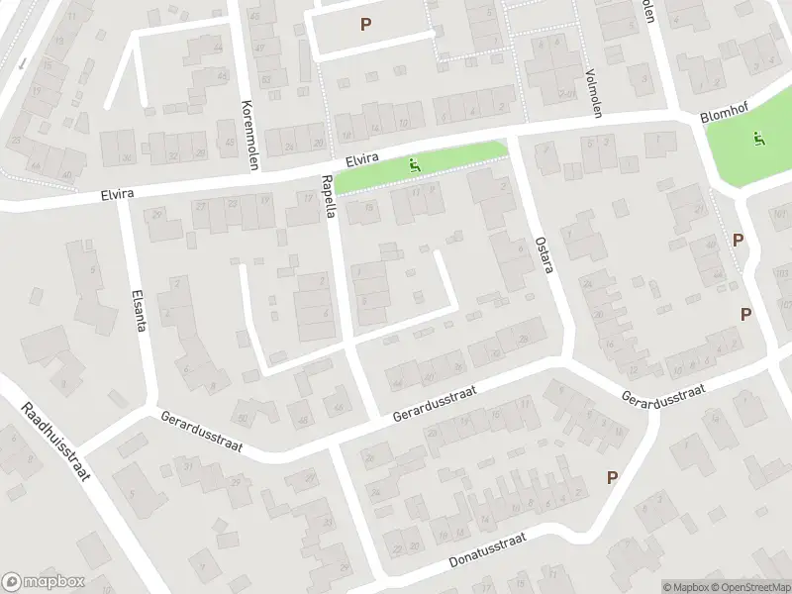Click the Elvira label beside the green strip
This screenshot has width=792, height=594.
[363, 159]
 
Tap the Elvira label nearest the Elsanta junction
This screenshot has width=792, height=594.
[116, 195]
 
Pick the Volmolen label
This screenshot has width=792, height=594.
[594, 93]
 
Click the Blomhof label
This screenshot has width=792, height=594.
[722, 116]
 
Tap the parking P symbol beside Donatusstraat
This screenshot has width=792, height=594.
[612, 477]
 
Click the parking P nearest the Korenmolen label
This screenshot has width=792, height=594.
[366, 24]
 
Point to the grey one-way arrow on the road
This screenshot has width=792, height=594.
[22, 61]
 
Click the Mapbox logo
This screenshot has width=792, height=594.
[44, 582]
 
